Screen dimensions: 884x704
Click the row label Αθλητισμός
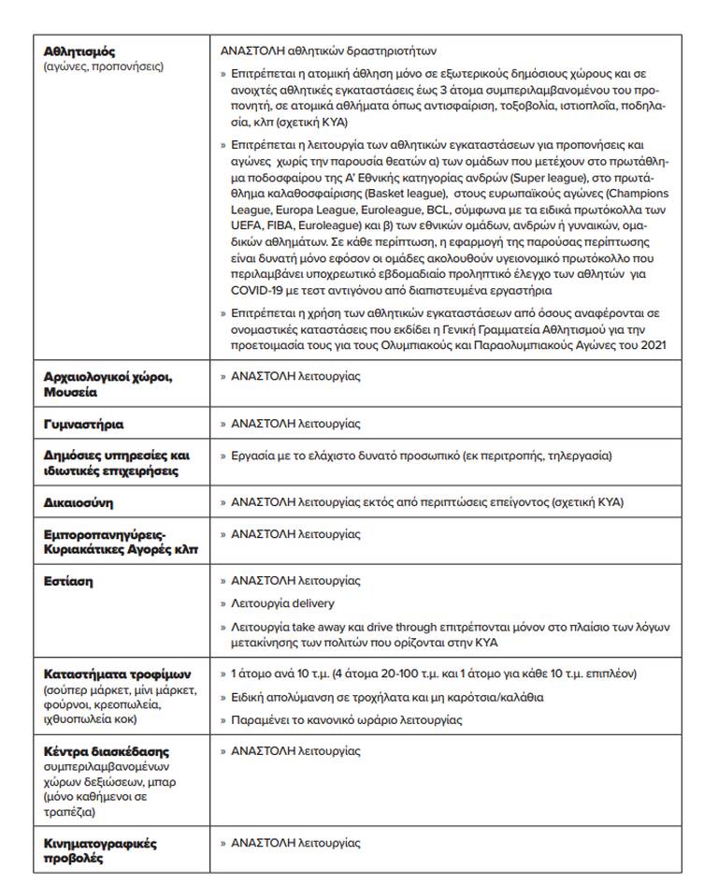(x=79, y=51)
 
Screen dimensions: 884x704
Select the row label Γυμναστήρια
(x=83, y=424)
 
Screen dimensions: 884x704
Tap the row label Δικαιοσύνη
(x=79, y=502)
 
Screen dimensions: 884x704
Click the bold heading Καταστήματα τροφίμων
(x=117, y=674)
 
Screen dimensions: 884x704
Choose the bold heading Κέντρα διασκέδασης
(x=107, y=751)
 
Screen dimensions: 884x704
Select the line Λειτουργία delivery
(x=282, y=603)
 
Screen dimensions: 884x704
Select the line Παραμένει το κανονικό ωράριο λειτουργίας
(x=346, y=720)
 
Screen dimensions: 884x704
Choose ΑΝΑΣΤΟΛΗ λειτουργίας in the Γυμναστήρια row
(x=295, y=424)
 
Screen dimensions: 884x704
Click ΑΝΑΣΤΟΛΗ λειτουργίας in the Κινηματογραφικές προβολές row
(x=295, y=843)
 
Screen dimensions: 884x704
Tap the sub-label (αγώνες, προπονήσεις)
(x=103, y=66)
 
